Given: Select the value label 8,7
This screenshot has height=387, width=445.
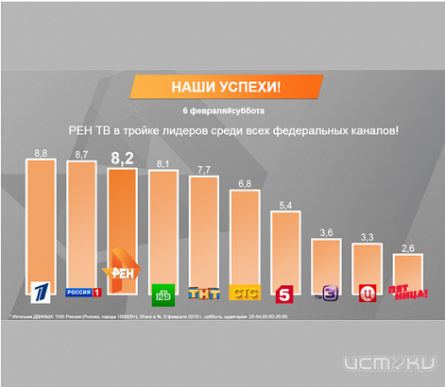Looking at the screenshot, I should (x=81, y=153).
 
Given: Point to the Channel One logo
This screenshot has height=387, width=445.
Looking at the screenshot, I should (x=40, y=290).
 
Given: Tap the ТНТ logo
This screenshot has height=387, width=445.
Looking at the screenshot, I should (x=203, y=292).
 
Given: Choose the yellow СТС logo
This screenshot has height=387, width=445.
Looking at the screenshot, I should (x=245, y=292).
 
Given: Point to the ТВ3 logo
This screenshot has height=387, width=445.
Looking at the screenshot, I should (x=327, y=292).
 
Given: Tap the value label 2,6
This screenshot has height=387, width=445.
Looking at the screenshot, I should (x=407, y=248).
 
